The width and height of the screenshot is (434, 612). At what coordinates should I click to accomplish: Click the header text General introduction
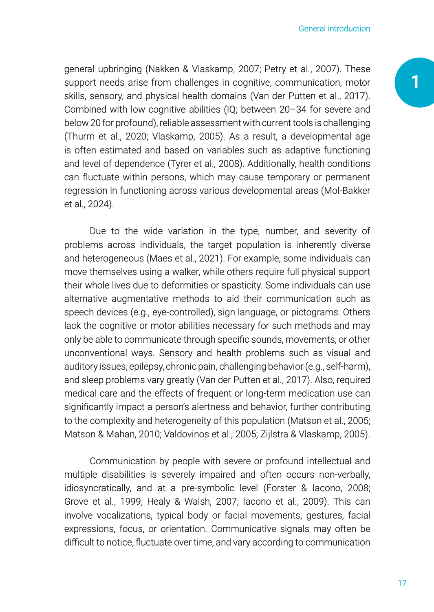pyautogui.click(x=334, y=29)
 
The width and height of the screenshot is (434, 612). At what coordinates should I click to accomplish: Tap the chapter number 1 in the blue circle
pyautogui.click(x=415, y=82)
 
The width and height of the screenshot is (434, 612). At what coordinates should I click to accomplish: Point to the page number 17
pyautogui.click(x=402, y=583)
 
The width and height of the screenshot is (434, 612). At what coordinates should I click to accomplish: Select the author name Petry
pyautogui.click(x=275, y=69)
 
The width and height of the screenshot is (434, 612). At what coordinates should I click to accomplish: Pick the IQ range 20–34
pyautogui.click(x=293, y=110)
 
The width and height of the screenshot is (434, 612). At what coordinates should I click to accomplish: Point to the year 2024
pyautogui.click(x=98, y=204)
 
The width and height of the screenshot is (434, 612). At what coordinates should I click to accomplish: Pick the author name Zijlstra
pyautogui.click(x=273, y=434)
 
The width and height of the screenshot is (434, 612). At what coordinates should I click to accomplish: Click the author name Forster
pyautogui.click(x=281, y=488)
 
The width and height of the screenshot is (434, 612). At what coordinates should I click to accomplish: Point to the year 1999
pyautogui.click(x=130, y=502)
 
